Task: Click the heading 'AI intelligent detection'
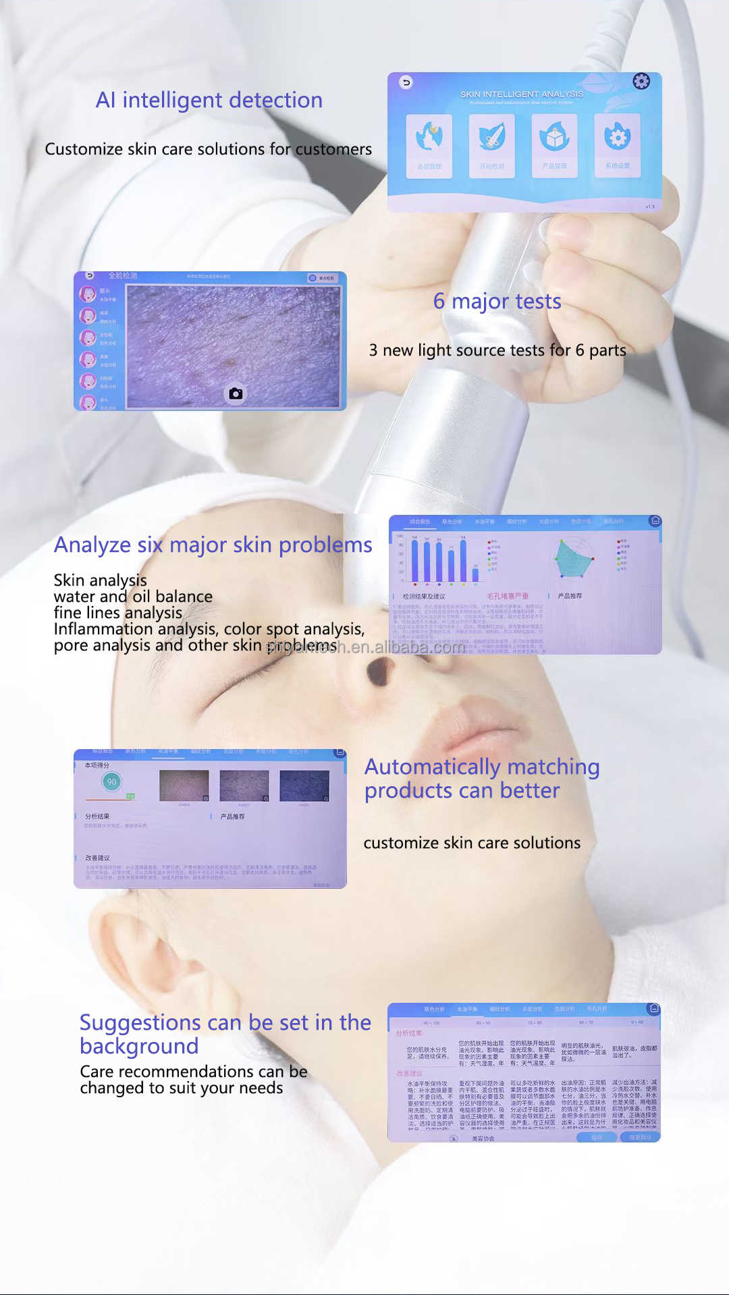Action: pos(209,101)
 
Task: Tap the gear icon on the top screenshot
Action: pos(641,82)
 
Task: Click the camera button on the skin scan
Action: pos(236,393)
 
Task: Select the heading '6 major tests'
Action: pos(497,302)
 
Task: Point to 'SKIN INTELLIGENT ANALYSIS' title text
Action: pos(521,94)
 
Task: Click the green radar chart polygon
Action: pos(573,559)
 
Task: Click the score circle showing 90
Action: pos(111,781)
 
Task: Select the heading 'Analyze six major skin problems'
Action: pos(213,545)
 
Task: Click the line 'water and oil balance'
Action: pos(133,597)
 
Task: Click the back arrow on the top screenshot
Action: pos(406,82)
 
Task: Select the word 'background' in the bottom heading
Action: pos(139,1047)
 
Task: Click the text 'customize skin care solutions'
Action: pos(472,843)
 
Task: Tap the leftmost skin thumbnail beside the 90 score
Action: pos(184,786)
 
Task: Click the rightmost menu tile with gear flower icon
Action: pos(617,145)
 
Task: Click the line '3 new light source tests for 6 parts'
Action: pos(497,350)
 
